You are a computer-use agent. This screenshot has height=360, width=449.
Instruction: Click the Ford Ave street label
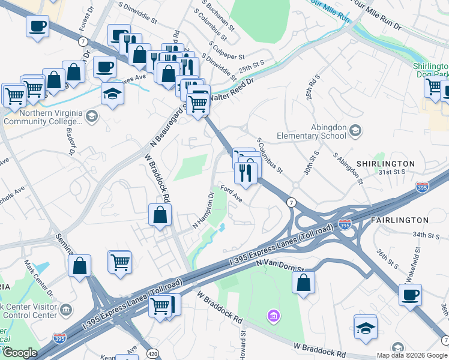point(231,194)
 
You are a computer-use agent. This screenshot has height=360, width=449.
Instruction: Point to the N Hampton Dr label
point(203,210)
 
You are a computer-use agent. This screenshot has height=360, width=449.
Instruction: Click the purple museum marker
point(273,315)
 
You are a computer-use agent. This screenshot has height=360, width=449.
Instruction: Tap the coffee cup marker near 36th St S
point(411,295)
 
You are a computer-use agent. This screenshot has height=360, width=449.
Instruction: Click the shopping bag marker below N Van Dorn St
point(304,281)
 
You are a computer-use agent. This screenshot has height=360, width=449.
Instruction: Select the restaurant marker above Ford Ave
point(246,173)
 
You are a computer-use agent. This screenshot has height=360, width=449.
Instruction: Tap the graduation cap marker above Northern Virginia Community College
point(112,94)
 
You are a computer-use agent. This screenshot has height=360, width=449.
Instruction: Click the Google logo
point(20,353)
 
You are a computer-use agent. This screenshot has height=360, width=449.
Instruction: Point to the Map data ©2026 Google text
point(411,355)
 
